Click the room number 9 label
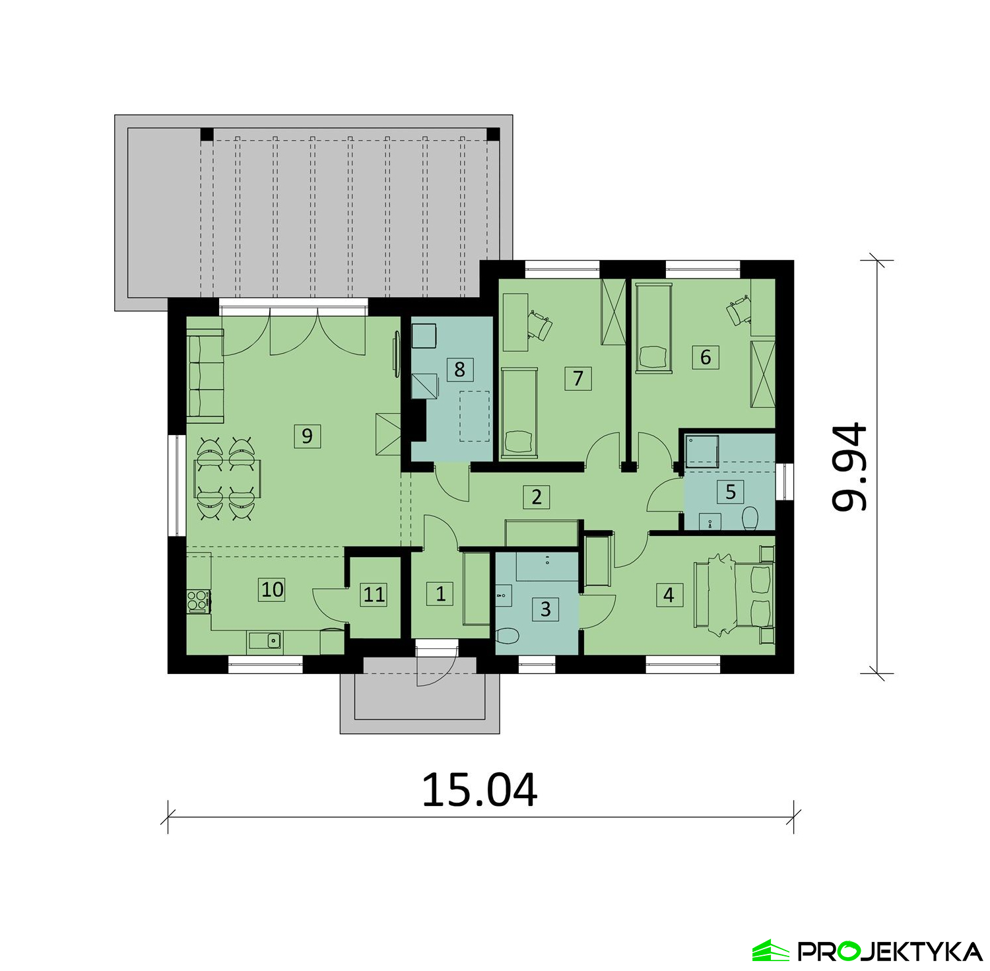307,436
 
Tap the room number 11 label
374,594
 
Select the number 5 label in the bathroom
730,492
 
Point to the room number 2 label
536,496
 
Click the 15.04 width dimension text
479,790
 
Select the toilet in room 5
749,518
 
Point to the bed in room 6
653,327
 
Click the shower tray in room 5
701,450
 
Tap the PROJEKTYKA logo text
890,951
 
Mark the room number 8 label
459,369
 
